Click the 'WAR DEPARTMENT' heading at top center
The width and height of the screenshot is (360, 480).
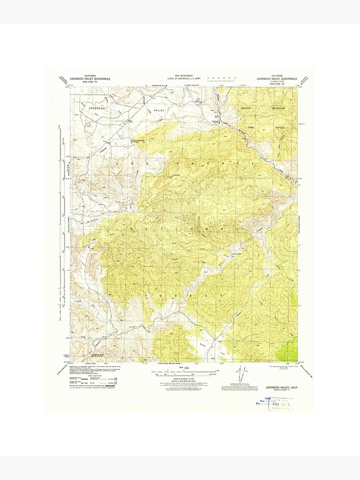pyautogui.click(x=180, y=76)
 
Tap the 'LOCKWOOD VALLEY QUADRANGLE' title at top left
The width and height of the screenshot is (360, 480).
pyautogui.click(x=93, y=79)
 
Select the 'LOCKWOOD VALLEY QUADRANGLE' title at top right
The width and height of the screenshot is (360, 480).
pyautogui.click(x=277, y=78)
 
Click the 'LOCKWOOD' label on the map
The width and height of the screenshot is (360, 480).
pyautogui.click(x=96, y=108)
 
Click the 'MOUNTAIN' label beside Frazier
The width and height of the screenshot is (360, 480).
pyautogui.click(x=277, y=108)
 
